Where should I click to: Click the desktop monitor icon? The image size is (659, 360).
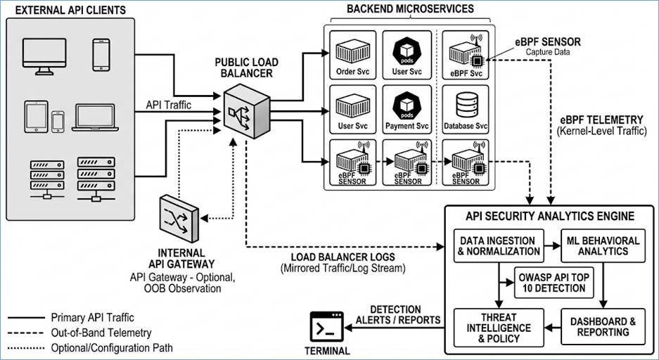[44, 56]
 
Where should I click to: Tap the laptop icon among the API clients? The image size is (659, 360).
[95, 117]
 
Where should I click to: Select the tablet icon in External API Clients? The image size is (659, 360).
[36, 116]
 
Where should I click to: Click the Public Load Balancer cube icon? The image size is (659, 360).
[246, 111]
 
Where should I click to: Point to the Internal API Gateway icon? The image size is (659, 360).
[179, 219]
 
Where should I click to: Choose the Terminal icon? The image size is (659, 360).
[326, 326]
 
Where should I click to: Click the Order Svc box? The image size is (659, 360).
[353, 55]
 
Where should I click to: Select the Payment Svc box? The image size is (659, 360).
[407, 109]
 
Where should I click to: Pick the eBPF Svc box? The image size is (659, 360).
[466, 55]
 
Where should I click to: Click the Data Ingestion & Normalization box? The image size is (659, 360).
[499, 245]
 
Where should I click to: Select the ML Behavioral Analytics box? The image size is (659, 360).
[603, 245]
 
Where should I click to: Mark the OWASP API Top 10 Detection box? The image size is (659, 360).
[554, 283]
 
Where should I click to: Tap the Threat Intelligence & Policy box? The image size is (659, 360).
[499, 327]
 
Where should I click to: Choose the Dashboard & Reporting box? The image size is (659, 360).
[603, 327]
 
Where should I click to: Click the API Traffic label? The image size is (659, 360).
[169, 105]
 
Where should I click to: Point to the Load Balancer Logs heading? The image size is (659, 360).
[343, 257]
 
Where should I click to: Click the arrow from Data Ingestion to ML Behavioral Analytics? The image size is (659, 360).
[553, 245]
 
